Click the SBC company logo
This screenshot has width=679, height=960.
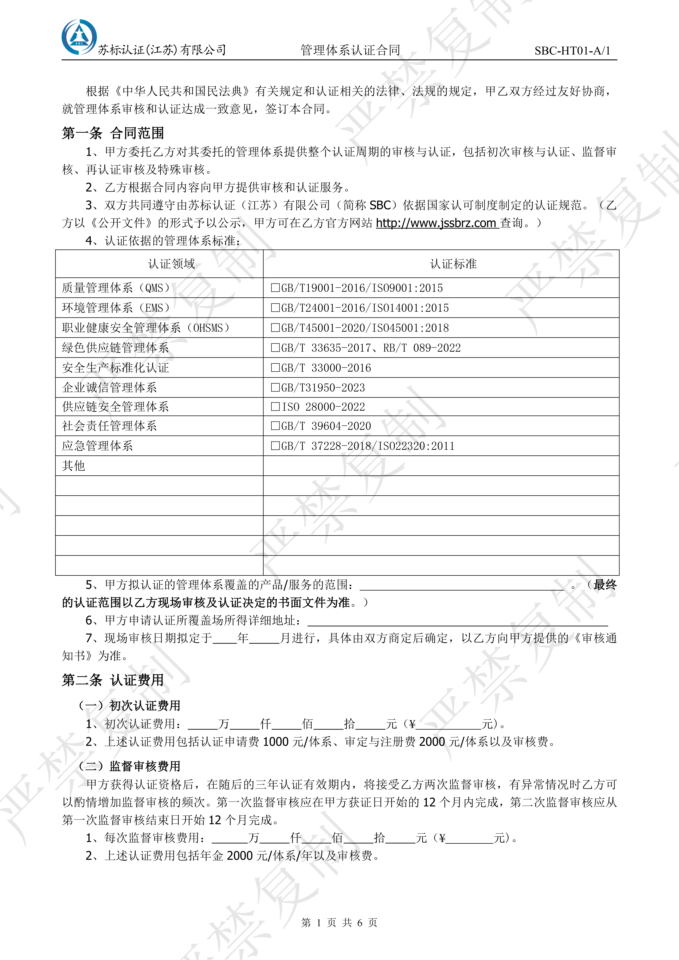click(x=79, y=37)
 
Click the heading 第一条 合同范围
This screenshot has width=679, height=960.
click(x=113, y=133)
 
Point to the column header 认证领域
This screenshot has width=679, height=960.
click(x=172, y=264)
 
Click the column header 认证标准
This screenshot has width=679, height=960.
click(x=453, y=264)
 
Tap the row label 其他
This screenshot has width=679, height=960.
click(x=74, y=466)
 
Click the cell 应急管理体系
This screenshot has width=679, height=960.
click(x=98, y=446)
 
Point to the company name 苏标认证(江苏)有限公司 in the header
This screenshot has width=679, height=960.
click(x=162, y=50)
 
